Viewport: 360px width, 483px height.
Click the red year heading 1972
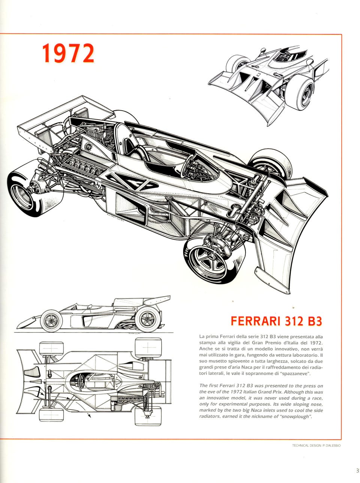pos(68,54)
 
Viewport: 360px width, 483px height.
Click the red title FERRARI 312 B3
pos(276,321)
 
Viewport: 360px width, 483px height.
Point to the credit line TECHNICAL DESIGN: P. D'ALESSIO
pos(316,445)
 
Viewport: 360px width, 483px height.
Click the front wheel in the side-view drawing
pos(51,321)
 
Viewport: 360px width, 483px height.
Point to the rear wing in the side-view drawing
pos(156,300)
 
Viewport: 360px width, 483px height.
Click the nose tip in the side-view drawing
pos(19,323)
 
